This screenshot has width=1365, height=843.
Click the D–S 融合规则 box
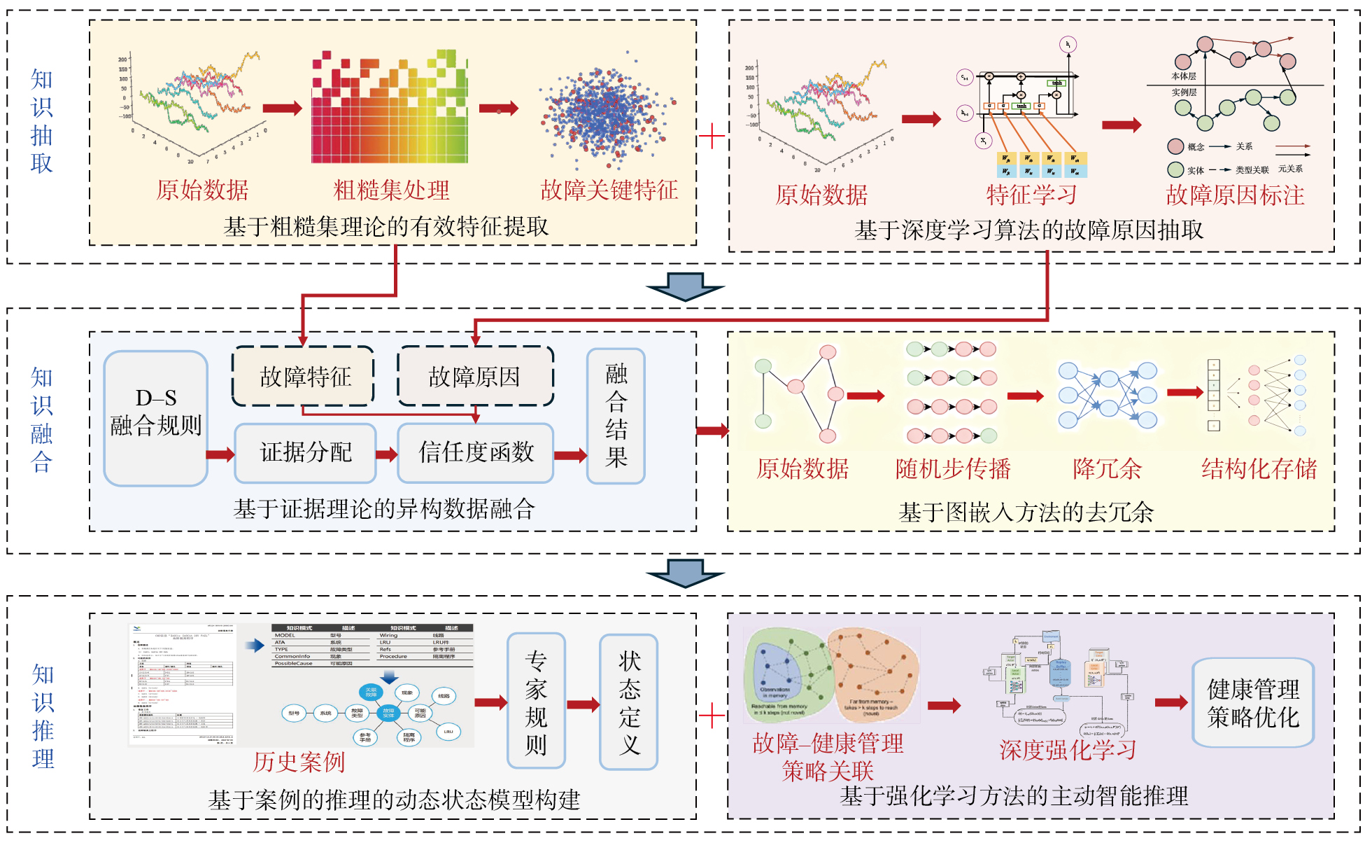[x=155, y=418]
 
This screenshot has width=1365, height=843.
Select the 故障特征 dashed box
[x=304, y=376]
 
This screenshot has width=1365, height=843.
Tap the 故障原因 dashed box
[x=475, y=376]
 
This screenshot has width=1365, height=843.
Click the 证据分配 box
[x=305, y=453]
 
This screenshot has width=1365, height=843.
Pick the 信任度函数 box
[x=476, y=453]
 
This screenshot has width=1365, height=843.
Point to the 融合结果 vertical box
[x=616, y=416]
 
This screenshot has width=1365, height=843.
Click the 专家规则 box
[x=536, y=701]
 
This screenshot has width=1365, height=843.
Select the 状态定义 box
[x=629, y=701]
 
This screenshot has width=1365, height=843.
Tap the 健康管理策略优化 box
[x=1252, y=703]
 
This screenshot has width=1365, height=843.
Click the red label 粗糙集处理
[x=391, y=190]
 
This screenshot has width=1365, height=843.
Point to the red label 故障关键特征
[x=609, y=190]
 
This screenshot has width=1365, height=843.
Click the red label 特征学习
[x=1031, y=194]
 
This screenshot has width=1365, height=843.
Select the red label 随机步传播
[x=953, y=468]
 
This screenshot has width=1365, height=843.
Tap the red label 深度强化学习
[x=1068, y=750]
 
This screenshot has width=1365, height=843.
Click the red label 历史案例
[x=299, y=761]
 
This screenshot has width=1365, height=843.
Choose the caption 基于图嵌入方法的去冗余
[x=1026, y=512]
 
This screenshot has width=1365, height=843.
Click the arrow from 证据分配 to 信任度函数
[x=386, y=455]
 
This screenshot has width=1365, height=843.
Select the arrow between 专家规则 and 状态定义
[x=583, y=704]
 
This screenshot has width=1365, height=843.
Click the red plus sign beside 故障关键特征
[x=712, y=136]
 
